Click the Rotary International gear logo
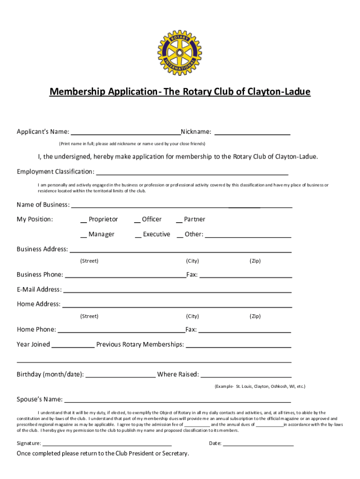click(180, 52)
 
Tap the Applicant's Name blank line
click(125, 132)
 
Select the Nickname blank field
click(252, 133)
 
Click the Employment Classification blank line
click(192, 173)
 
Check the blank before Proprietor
click(83, 220)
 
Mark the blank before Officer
click(137, 220)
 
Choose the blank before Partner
click(179, 220)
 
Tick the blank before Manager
click(83, 235)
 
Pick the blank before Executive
click(138, 235)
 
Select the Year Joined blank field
click(72, 346)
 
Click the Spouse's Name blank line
click(178, 401)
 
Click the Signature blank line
click(107, 444)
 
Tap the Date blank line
click(258, 444)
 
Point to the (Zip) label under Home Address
click(255, 316)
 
